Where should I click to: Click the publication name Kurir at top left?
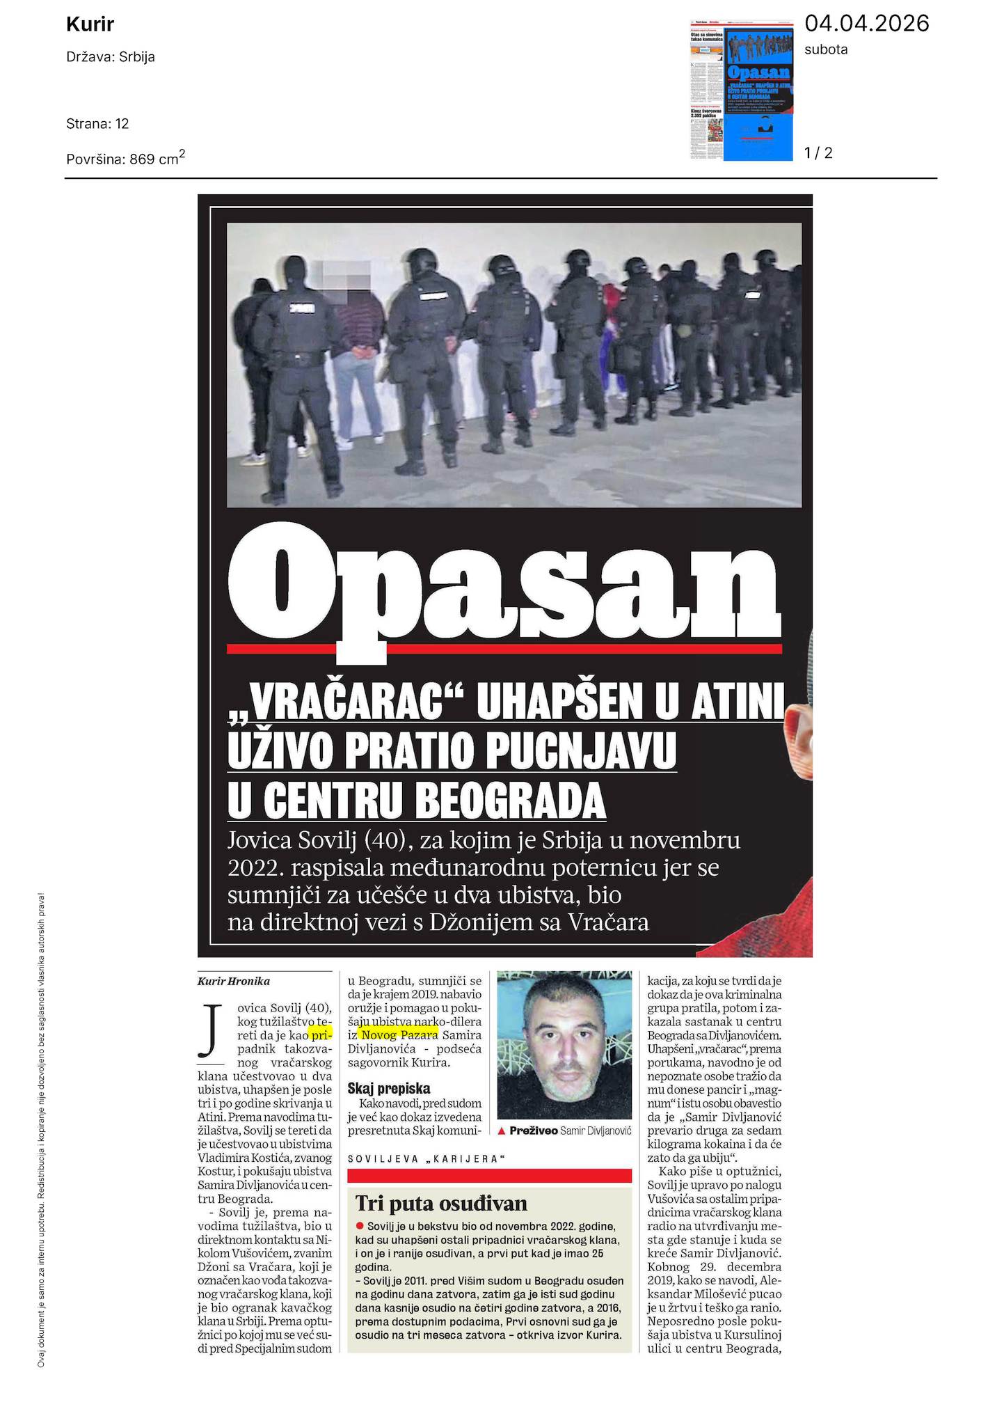[90, 25]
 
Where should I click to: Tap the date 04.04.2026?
[866, 24]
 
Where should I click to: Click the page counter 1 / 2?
[818, 152]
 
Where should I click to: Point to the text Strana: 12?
[97, 124]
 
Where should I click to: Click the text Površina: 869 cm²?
[125, 158]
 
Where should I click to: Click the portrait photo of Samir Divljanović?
[564, 1045]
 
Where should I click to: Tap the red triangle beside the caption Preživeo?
[502, 1131]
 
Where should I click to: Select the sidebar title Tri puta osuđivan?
[441, 1203]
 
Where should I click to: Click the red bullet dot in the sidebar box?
[360, 1226]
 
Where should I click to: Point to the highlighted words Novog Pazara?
[399, 1034]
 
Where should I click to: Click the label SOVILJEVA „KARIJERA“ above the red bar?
[426, 1159]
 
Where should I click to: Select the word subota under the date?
[826, 49]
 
